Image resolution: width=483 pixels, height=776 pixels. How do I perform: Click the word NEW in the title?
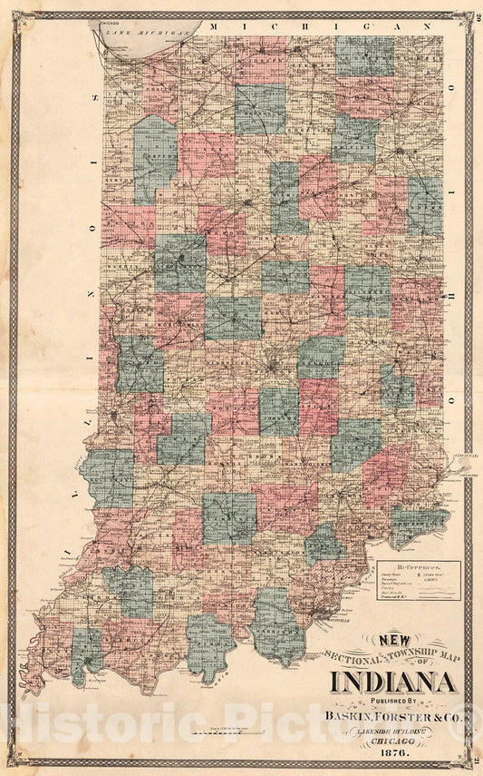pos(394,640)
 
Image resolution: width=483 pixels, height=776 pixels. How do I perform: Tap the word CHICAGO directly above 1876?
pos(393,742)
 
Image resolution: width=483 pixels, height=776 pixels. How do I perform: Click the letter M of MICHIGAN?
pos(215,28)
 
